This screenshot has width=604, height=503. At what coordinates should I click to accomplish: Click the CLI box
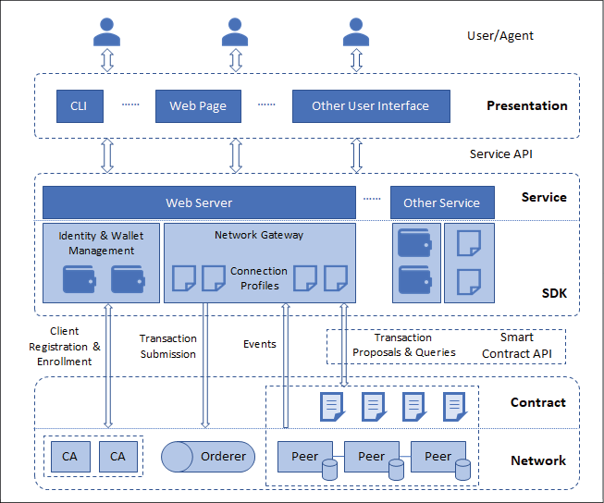pyautogui.click(x=80, y=106)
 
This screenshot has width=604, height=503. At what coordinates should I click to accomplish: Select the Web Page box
pyautogui.click(x=198, y=106)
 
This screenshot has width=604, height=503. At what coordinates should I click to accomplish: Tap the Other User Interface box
pyautogui.click(x=371, y=106)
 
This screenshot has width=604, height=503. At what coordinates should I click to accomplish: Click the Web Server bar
pyautogui.click(x=199, y=202)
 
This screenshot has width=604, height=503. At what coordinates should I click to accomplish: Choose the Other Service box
pyautogui.click(x=442, y=202)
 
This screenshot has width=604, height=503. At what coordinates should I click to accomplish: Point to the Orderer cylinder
pyautogui.click(x=208, y=457)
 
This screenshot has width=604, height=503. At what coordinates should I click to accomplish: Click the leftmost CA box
pyautogui.click(x=70, y=457)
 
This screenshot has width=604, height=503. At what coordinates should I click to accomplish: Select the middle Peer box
pyautogui.click(x=371, y=457)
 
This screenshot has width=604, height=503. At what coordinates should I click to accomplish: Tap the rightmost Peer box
pyautogui.click(x=438, y=457)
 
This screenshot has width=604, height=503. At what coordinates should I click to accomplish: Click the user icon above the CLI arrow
pyautogui.click(x=106, y=32)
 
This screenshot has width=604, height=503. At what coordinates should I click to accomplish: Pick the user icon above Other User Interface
pyautogui.click(x=356, y=32)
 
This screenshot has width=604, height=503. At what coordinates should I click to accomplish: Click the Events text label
pyautogui.click(x=260, y=344)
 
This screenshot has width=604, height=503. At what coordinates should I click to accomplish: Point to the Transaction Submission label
pyautogui.click(x=168, y=346)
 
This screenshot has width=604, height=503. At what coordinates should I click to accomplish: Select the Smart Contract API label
pyautogui.click(x=516, y=346)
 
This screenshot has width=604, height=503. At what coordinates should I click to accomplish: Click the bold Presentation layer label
pyautogui.click(x=527, y=105)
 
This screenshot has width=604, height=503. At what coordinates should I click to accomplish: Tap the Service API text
pyautogui.click(x=500, y=154)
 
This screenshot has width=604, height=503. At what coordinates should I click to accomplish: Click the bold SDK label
pyautogui.click(x=554, y=293)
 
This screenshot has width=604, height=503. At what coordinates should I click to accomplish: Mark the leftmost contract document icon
pyautogui.click(x=332, y=407)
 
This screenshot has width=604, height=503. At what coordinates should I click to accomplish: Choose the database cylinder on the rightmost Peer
pyautogui.click(x=462, y=470)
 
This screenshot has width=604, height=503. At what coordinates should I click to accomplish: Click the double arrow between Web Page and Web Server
pyautogui.click(x=236, y=155)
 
